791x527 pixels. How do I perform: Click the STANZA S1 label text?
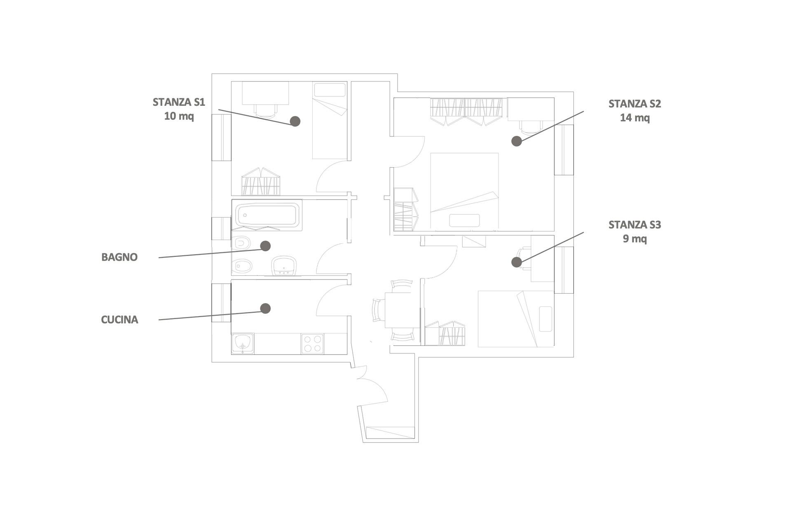pos(179,102)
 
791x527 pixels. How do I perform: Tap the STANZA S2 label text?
pos(634,104)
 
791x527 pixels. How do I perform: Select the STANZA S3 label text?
pos(634,225)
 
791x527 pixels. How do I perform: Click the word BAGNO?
pos(119,257)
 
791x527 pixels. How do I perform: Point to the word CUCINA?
pos(119,320)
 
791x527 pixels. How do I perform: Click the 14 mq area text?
pos(634,118)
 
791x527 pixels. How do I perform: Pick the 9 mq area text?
pos(634,239)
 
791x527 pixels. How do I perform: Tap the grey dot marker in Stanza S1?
pos(295,121)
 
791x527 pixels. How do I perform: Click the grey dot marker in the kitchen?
pos(266,308)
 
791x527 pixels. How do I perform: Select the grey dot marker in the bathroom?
pos(266,246)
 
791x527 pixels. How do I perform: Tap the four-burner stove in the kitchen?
pos(312,344)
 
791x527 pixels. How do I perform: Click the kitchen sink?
pos(243,343)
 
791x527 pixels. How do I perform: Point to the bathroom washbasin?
pos(284,266)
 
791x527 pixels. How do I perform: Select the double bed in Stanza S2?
pos(464,191)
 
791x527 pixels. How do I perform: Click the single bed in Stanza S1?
pos(330,124)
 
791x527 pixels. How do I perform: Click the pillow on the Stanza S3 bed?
pos(545,319)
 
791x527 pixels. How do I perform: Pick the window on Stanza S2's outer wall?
pos(564,150)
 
